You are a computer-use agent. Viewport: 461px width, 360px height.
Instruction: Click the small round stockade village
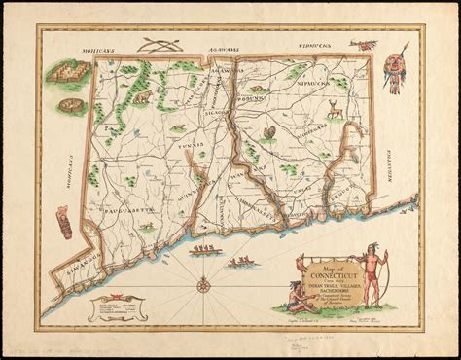[x=70, y=104]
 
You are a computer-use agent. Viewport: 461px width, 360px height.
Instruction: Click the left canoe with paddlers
[x=204, y=251]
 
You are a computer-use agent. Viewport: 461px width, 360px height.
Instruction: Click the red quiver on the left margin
[x=63, y=223]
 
